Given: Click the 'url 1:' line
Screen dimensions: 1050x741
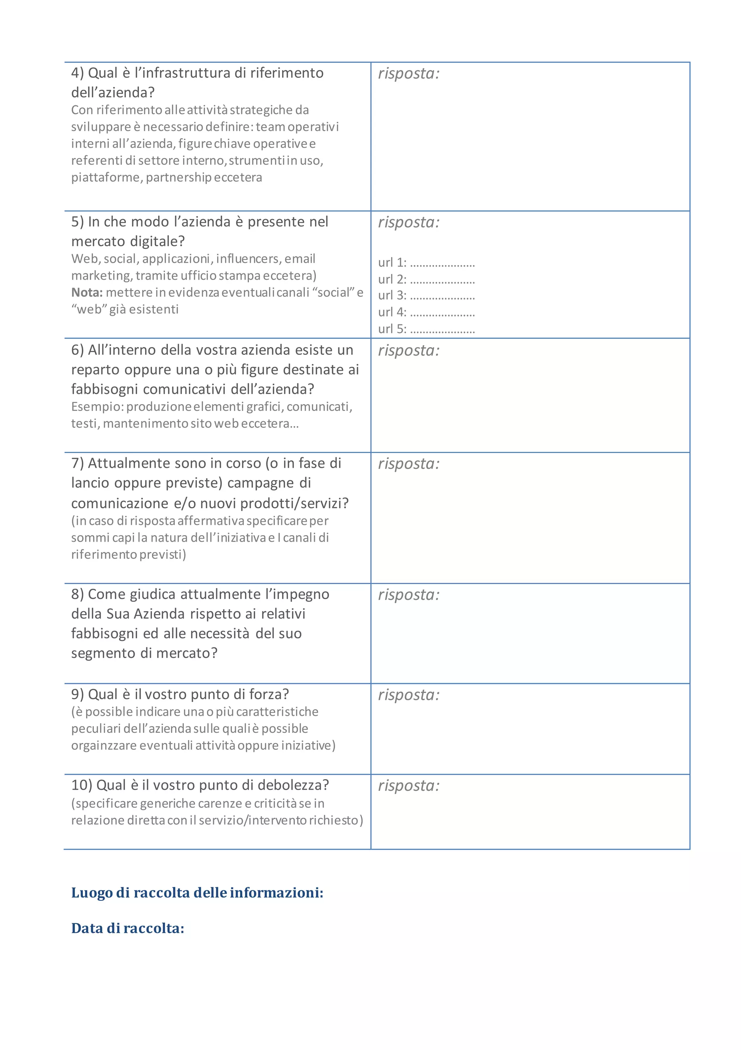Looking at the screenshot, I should point(426,263).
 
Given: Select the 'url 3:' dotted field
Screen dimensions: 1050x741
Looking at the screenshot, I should point(426,296).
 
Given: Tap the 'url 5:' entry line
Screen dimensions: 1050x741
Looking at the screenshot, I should point(426,329).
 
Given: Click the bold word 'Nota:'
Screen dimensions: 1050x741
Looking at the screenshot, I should point(87,293).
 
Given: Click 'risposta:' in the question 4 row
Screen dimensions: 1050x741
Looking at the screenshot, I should point(408,73).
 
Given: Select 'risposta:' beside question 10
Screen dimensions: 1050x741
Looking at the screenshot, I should point(408,786).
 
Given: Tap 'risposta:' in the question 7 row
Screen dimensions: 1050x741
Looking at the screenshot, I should point(408,464).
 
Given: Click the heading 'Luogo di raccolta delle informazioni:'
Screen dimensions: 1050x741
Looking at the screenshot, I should point(197,893).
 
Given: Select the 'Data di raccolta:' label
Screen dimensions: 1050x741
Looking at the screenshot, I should point(127,929).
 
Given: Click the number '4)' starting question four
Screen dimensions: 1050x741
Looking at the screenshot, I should point(78,73).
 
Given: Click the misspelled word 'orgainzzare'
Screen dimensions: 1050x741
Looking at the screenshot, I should point(104,746).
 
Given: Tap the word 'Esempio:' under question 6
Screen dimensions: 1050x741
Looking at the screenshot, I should point(97,407).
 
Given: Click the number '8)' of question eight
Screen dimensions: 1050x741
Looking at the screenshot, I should point(78,595).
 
